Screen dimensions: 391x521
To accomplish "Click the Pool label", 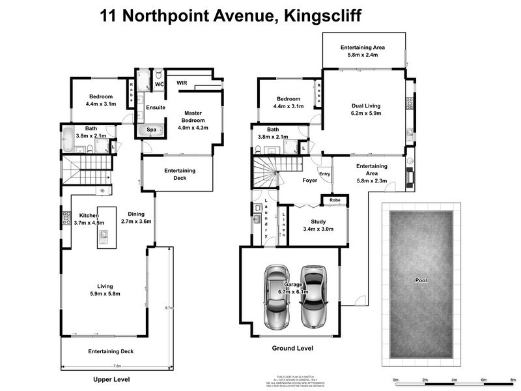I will click(420, 280).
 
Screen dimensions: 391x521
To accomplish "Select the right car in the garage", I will click(313, 297).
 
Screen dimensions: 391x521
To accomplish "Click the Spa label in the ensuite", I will click(150, 130).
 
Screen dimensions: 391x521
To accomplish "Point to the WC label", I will click(159, 84).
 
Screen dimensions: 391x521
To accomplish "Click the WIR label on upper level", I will click(182, 83).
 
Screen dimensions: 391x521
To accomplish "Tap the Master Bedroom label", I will click(193, 121).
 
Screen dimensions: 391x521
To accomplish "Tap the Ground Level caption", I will click(292, 349).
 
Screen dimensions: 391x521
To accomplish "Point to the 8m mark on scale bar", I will click(513, 379).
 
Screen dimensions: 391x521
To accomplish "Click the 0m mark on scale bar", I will click(395, 379).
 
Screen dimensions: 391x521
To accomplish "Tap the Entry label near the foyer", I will click(325, 174).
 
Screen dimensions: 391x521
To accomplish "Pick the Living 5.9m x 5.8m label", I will click(109, 291).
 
